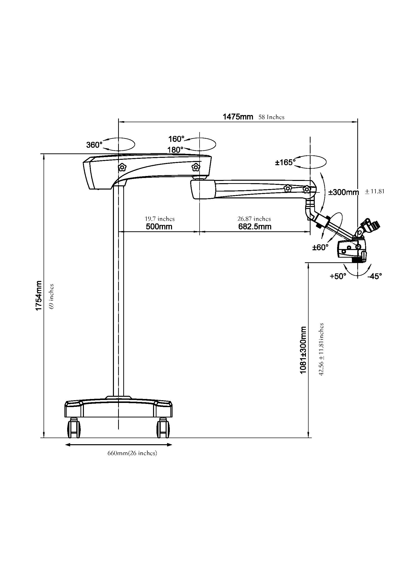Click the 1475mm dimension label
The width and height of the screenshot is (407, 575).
238,117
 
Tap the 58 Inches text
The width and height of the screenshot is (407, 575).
271,117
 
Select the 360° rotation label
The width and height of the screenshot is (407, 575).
94,145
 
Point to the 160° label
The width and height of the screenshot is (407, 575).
176,139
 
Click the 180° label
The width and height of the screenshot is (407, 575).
175,150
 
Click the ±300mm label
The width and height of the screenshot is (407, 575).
343,192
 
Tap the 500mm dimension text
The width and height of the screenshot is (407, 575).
159,227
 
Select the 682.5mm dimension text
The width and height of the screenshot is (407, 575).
255,227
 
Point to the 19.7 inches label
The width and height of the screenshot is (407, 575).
160,219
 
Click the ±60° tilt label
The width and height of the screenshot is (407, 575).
320,248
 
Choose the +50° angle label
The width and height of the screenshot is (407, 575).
338,277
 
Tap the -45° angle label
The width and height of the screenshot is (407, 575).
375,277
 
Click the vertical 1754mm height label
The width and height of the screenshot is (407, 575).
39,296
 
